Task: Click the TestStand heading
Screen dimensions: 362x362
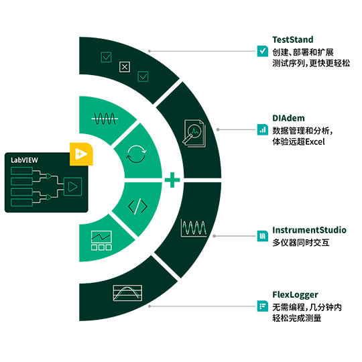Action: [x=293, y=40]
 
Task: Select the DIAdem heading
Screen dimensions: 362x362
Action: [x=288, y=118]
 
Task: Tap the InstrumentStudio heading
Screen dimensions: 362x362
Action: [x=309, y=230]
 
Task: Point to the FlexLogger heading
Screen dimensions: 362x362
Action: [x=295, y=295]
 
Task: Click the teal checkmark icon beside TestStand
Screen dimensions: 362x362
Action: [x=263, y=51]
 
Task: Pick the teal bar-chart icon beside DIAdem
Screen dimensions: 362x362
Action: [x=263, y=129]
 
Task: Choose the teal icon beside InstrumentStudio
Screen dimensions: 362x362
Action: [x=263, y=236]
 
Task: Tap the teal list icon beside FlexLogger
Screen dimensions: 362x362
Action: [x=263, y=306]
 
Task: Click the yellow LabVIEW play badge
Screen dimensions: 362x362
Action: [x=81, y=154]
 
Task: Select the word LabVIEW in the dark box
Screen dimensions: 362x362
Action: [x=24, y=160]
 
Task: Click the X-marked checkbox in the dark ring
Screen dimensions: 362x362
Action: [x=125, y=67]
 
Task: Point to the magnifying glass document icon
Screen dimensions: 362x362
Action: [x=194, y=133]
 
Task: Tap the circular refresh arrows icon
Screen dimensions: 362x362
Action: [x=137, y=154]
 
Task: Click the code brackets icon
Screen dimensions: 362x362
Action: [x=137, y=206]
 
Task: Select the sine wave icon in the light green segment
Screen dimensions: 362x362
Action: [x=105, y=119]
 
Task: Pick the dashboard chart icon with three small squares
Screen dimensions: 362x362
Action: [x=101, y=241]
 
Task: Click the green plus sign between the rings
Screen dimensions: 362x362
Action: [x=172, y=180]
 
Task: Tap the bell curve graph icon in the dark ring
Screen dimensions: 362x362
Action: [x=127, y=293]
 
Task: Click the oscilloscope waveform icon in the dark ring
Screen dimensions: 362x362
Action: [x=194, y=228]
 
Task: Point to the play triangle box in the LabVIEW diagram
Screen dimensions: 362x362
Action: [x=72, y=186]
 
